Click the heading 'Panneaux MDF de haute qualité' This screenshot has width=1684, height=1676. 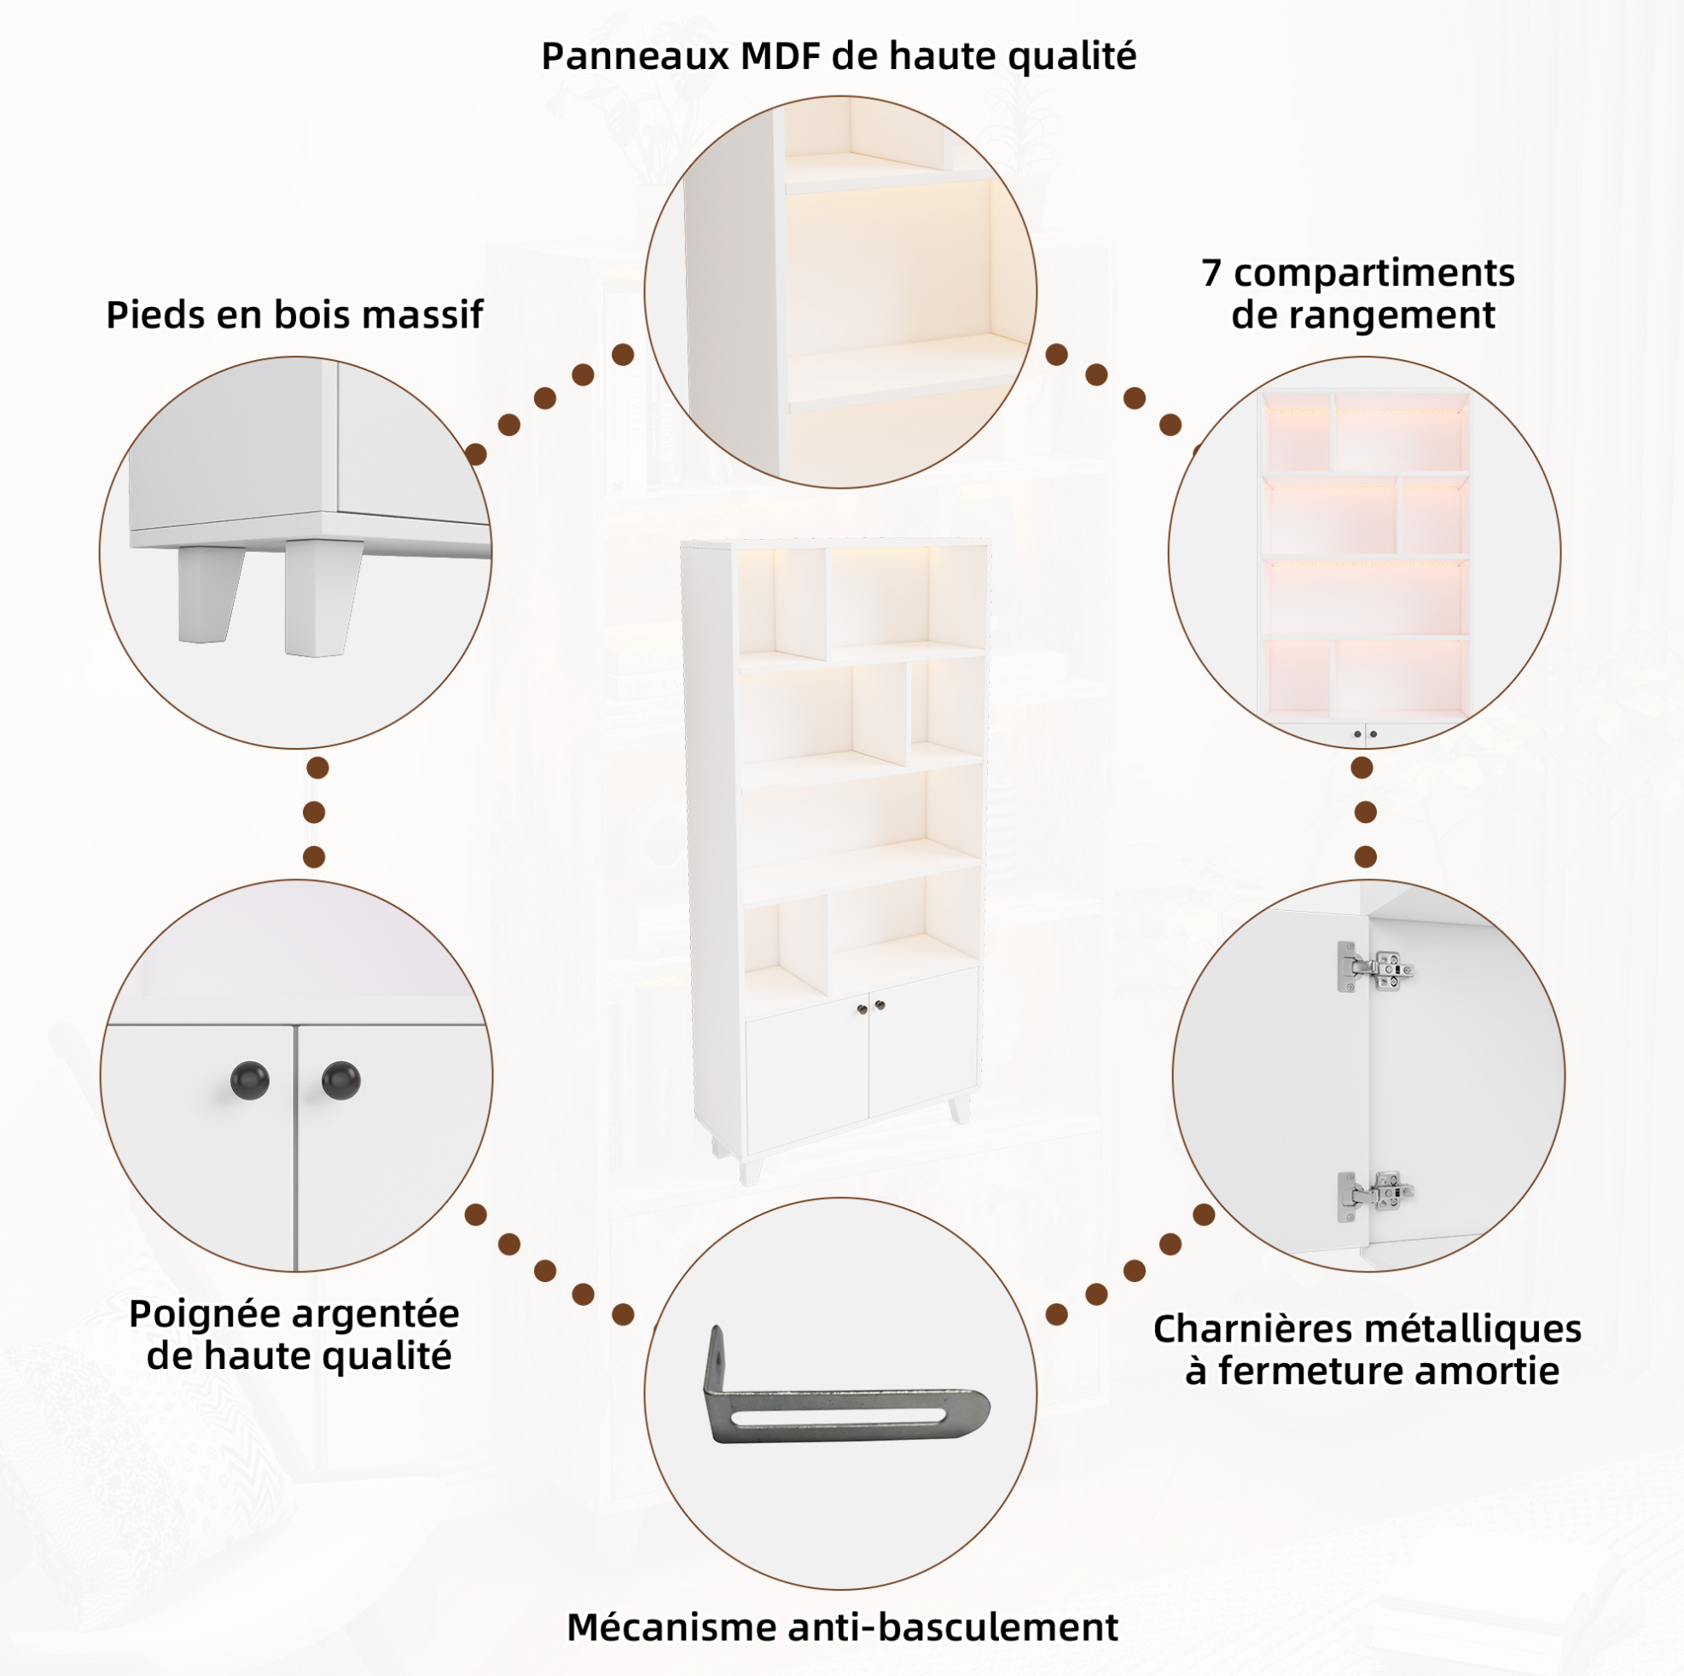click(x=839, y=56)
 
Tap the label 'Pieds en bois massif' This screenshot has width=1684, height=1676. click(x=294, y=315)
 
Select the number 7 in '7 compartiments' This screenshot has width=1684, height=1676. click(x=1211, y=273)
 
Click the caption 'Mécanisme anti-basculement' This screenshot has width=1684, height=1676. click(x=842, y=1627)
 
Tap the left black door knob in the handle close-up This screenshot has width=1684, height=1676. click(x=249, y=1081)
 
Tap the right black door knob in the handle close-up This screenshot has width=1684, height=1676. click(x=341, y=1081)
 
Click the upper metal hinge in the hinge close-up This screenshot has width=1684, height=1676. click(x=1375, y=966)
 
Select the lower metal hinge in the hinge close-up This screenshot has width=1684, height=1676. click(x=1375, y=1197)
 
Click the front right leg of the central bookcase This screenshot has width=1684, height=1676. click(x=960, y=1109)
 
